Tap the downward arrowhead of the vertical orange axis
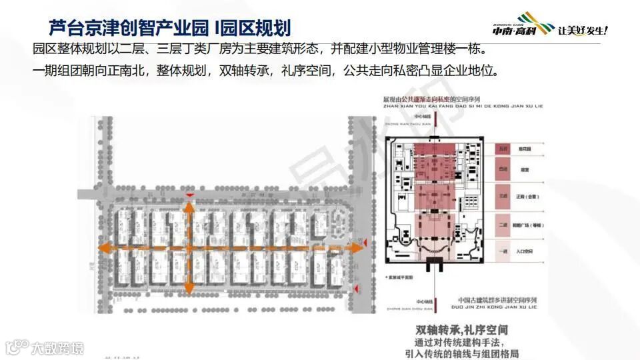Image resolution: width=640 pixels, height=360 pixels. pyautogui.click(x=189, y=291)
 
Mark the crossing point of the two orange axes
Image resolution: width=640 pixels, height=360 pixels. pyautogui.click(x=189, y=247)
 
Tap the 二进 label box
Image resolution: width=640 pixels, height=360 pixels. pyautogui.click(x=502, y=226)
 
